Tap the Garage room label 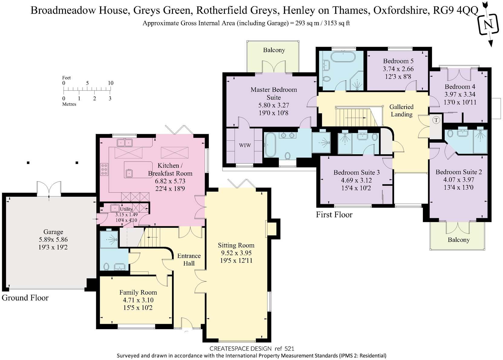coord(53,232)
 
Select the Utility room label coord(126,209)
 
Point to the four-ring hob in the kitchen coord(104,169)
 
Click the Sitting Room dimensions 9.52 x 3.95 coord(236,253)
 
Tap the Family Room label coord(138,292)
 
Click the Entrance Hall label coord(189,259)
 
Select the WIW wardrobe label coord(245,145)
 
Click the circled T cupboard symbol coord(436,120)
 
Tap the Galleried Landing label coord(401,111)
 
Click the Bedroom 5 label coord(398,61)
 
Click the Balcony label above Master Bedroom coord(274,50)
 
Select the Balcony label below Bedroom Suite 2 coord(459,240)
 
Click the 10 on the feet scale coord(110,83)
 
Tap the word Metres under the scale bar coord(69,104)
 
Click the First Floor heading coord(334,215)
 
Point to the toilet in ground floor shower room coord(106,267)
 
